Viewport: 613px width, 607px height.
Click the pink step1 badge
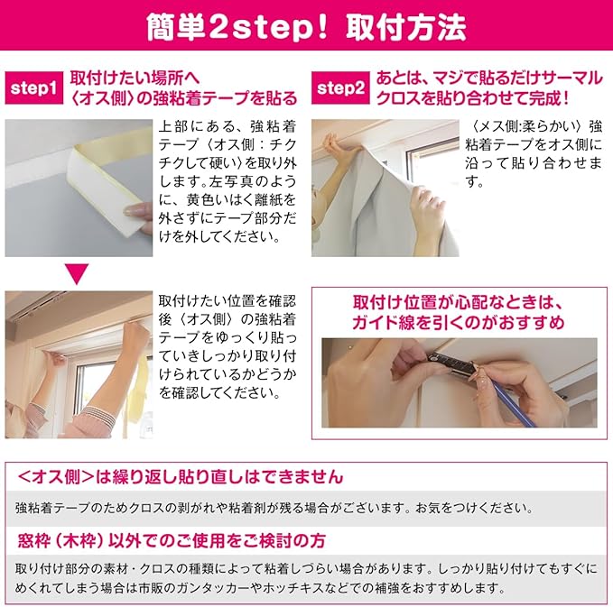[34, 88]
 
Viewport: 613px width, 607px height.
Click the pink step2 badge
[340, 88]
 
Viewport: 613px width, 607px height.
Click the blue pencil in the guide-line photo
[512, 402]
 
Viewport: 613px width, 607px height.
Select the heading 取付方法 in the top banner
[405, 27]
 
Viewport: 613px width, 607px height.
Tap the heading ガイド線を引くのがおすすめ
[459, 323]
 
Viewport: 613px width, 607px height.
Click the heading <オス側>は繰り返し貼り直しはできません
[181, 477]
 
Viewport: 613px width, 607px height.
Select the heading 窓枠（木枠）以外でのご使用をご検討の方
[172, 541]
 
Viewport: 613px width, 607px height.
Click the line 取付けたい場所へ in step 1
[135, 78]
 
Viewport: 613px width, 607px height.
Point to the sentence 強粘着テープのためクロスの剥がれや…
[274, 508]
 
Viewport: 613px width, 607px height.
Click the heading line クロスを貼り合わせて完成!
[472, 98]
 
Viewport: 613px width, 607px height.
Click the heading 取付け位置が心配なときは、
[459, 302]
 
